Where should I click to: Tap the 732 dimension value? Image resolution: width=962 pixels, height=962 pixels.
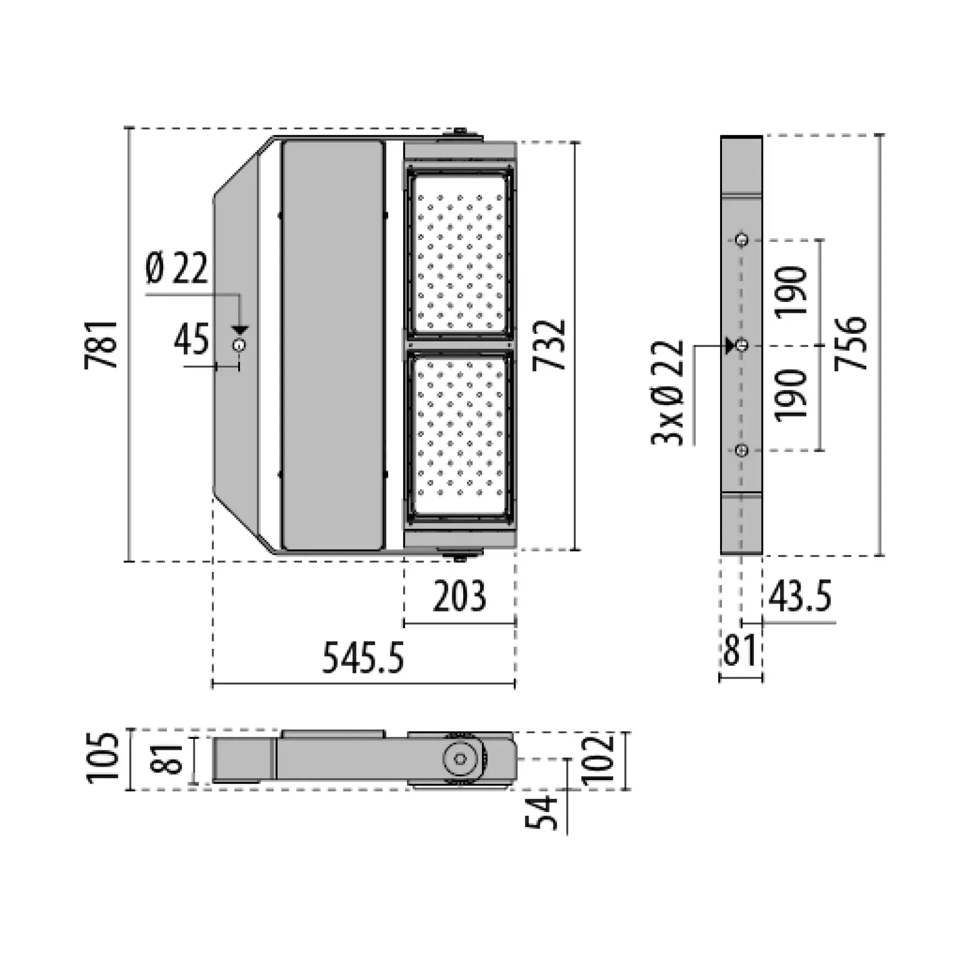(x=549, y=344)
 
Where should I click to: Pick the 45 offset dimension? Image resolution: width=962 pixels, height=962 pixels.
(x=191, y=339)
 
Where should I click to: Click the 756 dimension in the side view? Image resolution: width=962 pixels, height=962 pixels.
(x=851, y=343)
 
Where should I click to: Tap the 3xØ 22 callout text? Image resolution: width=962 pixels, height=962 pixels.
(x=668, y=392)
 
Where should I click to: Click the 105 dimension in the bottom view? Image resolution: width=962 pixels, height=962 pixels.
(x=103, y=759)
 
